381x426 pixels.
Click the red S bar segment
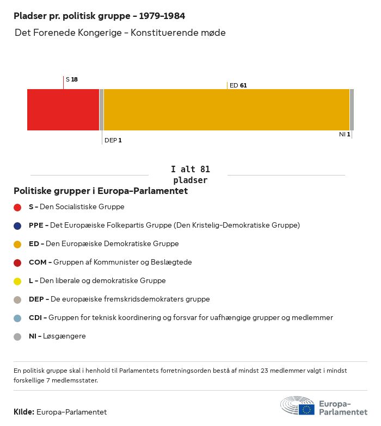click(x=63, y=110)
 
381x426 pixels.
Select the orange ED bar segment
click(x=226, y=110)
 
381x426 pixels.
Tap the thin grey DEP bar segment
click(x=101, y=110)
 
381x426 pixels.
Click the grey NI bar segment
click(x=352, y=110)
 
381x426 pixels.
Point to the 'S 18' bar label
click(x=72, y=79)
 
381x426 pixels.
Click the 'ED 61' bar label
click(x=238, y=85)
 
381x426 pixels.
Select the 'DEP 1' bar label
click(x=113, y=140)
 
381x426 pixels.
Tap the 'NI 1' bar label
click(x=345, y=134)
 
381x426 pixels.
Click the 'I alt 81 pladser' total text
click(x=190, y=175)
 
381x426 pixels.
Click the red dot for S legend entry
click(x=17, y=207)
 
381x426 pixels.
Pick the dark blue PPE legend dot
click(x=17, y=225)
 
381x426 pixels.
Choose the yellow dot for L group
click(x=17, y=281)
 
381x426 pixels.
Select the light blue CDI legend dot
click(x=17, y=318)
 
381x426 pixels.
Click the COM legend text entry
click(x=110, y=262)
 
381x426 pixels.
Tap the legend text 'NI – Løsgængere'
click(x=57, y=336)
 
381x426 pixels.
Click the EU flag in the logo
click(x=306, y=409)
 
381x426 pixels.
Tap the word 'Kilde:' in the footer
click(x=24, y=412)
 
